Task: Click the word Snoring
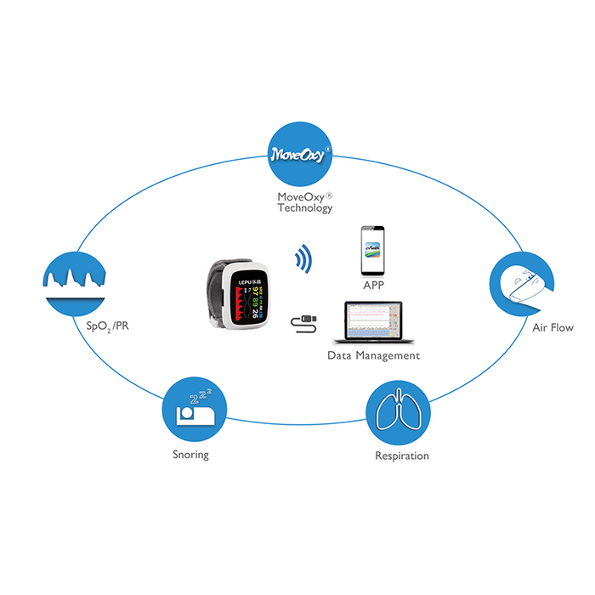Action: [x=190, y=455]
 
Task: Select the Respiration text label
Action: [x=401, y=456]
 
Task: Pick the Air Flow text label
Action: [x=552, y=327]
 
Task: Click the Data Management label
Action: [x=373, y=354]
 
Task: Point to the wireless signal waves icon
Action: [x=300, y=259]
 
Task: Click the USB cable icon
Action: [x=306, y=321]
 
